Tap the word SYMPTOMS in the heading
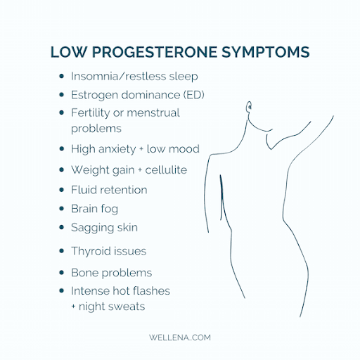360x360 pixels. tap(266, 52)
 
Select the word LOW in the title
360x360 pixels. tap(68, 52)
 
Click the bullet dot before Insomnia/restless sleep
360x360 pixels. tap(62, 76)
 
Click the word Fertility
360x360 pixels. tap(91, 113)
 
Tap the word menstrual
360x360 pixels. tap(153, 112)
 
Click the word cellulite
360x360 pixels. tap(166, 169)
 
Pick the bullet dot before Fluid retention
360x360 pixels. tap(62, 190)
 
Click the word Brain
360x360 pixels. tap(84, 209)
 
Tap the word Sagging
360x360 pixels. tap(92, 228)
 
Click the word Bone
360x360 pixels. tap(85, 273)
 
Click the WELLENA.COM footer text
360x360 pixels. tap(180, 337)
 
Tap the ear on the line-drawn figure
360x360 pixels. tap(250, 107)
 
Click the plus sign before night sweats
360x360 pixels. tap(73, 306)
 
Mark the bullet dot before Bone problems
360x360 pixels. tap(62, 273)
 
